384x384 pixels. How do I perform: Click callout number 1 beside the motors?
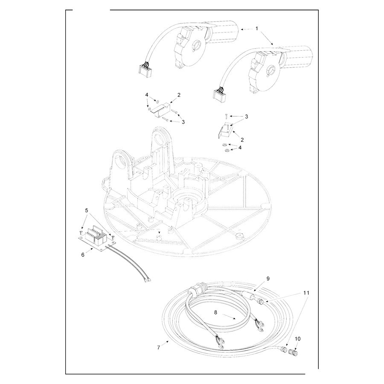[x=257, y=29]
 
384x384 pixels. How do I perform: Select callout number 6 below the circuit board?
[x=83, y=255]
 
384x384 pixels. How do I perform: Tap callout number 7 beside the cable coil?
[x=159, y=347]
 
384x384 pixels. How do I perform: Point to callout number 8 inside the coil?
[x=215, y=312]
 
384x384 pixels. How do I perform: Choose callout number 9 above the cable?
[x=268, y=279]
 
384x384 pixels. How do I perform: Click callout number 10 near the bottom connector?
[x=298, y=339]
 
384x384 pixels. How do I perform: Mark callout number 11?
[x=306, y=293]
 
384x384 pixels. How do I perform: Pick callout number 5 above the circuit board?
[x=86, y=210]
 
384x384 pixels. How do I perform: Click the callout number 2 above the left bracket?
[x=179, y=95]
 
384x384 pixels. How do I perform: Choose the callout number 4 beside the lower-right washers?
[x=240, y=148]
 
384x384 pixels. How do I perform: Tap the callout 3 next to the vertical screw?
[x=246, y=116]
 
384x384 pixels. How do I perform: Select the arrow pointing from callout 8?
[x=229, y=317]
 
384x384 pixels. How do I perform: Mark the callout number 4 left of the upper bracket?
[x=147, y=95]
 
